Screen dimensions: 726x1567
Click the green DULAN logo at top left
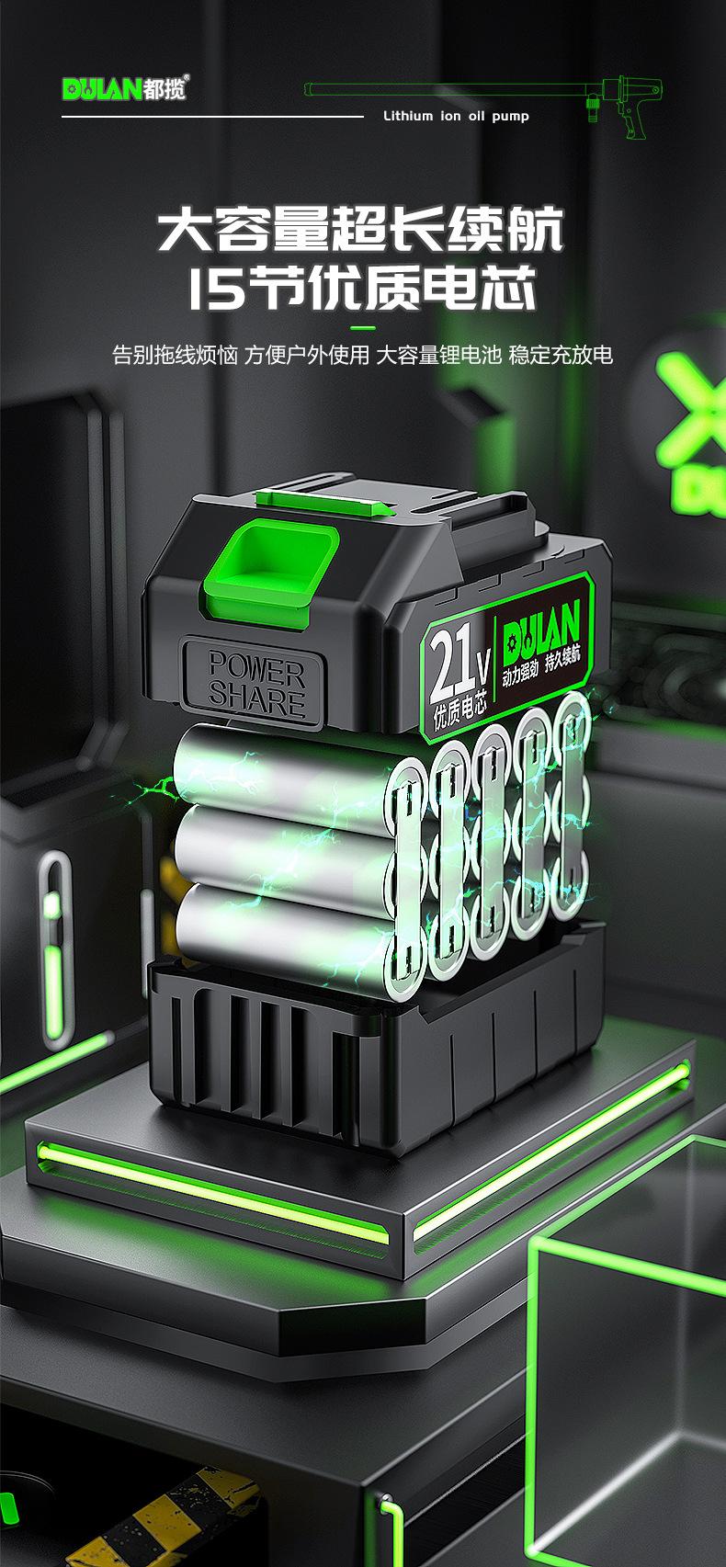point(102,89)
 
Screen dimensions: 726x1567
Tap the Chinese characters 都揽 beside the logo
point(165,89)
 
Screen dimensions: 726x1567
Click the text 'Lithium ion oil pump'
point(456,116)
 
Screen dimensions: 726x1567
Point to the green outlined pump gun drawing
point(483,104)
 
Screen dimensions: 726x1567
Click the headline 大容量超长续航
point(361,229)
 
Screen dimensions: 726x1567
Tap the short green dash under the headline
point(362,327)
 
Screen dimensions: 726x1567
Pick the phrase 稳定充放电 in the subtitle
point(561,355)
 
